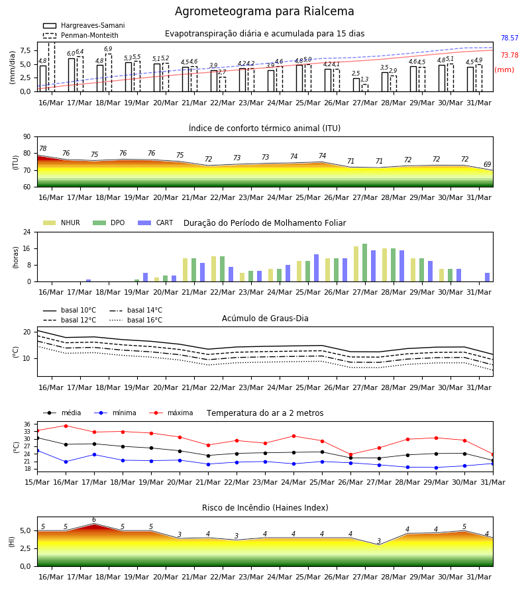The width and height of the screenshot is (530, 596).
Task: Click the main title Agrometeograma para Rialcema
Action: pyautogui.click(x=264, y=11)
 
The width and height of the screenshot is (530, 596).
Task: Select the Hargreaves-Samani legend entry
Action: pyautogui.click(x=84, y=25)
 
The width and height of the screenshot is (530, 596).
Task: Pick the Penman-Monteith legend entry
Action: pyautogui.click(x=81, y=35)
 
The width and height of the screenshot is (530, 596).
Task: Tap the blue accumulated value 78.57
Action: pyautogui.click(x=509, y=38)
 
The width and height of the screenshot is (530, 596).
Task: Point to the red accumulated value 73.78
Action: pyautogui.click(x=509, y=55)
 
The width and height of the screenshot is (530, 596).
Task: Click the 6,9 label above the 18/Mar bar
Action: pyautogui.click(x=108, y=49)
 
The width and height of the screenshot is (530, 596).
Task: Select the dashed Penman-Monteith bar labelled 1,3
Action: pyautogui.click(x=365, y=88)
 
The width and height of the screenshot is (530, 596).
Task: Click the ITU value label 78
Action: pyautogui.click(x=42, y=148)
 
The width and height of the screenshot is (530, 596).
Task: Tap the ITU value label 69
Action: pyautogui.click(x=487, y=165)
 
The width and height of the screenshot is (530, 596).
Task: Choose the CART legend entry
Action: pyautogui.click(x=156, y=223)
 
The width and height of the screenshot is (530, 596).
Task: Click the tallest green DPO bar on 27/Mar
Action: pyautogui.click(x=364, y=263)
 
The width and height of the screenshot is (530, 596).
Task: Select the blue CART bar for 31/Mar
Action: pyautogui.click(x=487, y=277)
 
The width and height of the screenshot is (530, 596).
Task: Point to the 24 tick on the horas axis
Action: pyautogui.click(x=27, y=232)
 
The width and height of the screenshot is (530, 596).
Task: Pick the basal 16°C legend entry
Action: pyautogui.click(x=136, y=320)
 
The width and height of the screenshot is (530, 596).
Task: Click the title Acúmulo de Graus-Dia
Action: pyautogui.click(x=265, y=319)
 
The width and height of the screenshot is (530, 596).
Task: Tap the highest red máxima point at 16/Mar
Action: pyautogui.click(x=66, y=426)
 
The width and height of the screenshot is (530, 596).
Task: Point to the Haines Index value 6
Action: pyautogui.click(x=94, y=520)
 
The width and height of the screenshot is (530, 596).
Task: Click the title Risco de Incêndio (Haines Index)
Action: pyautogui.click(x=265, y=508)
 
